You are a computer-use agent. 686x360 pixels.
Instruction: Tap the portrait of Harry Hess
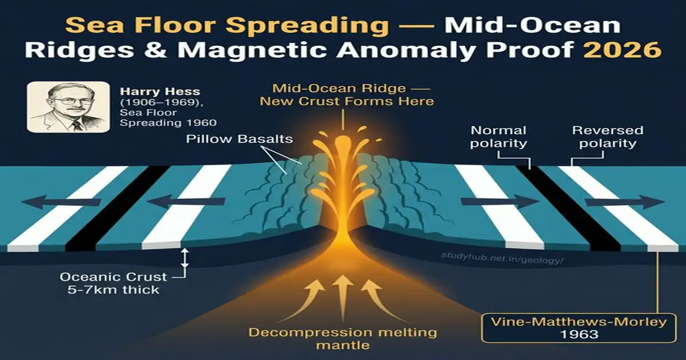coord(69,107)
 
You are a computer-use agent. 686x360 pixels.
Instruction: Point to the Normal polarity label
coord(498,137)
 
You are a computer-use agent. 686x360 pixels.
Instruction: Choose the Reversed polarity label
coord(607,137)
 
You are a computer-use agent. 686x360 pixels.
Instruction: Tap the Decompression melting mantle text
coord(342,338)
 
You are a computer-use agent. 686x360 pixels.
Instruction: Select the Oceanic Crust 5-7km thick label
coord(114,283)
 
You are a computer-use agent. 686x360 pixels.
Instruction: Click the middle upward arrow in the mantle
coord(343,294)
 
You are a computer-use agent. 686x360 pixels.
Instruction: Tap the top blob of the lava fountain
coord(343,142)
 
